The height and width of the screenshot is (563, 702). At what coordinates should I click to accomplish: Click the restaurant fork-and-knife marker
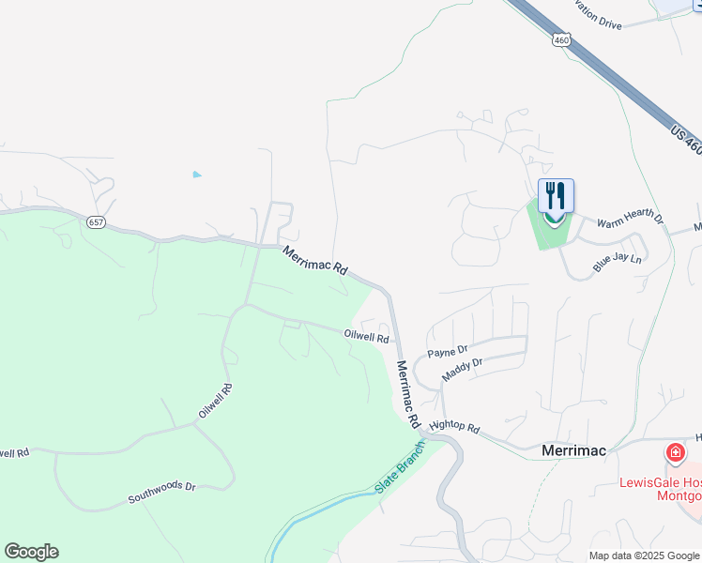556,196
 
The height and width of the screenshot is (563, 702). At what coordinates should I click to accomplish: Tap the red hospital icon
675,454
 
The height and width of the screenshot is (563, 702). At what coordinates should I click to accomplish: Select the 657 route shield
95,222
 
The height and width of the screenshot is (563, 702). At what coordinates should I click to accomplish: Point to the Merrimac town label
574,450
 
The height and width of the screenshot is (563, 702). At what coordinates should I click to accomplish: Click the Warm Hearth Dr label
630,221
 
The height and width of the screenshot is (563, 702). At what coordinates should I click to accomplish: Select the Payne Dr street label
448,352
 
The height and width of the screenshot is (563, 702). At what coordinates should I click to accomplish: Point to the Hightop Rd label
454,427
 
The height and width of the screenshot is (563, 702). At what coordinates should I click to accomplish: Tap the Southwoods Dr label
161,494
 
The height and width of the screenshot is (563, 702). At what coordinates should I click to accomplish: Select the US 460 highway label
686,137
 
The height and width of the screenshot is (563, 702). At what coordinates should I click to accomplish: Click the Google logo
31,552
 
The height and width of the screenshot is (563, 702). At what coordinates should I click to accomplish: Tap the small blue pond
196,175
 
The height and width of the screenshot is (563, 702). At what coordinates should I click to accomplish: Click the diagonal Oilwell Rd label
214,402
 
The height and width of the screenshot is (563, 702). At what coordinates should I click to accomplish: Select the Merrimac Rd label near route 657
315,260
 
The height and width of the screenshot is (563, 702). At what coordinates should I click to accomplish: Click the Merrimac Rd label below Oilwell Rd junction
407,393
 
